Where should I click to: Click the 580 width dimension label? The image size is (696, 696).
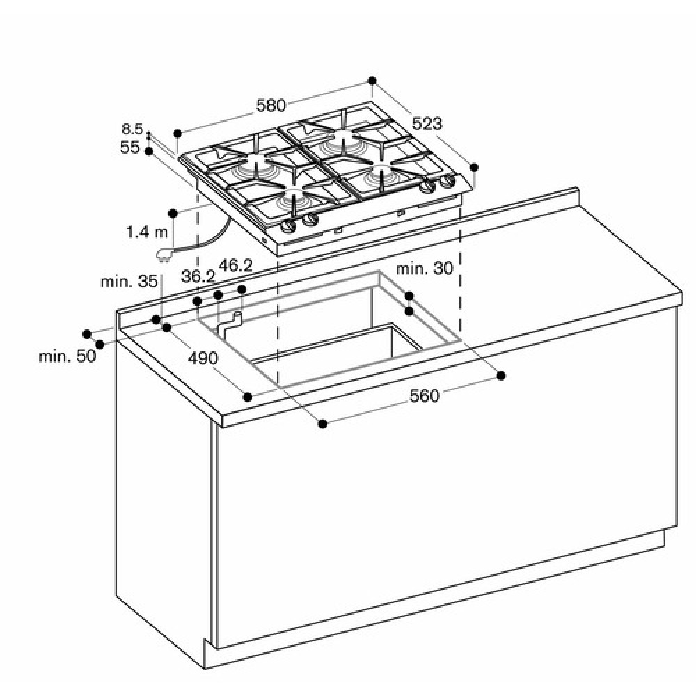click(x=271, y=105)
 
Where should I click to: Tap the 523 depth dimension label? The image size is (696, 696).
click(x=427, y=123)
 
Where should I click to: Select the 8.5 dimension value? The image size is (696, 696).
click(x=132, y=129)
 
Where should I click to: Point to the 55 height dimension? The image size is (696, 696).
click(x=129, y=147)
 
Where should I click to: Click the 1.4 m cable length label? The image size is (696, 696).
click(x=147, y=231)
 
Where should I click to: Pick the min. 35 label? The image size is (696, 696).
click(x=129, y=281)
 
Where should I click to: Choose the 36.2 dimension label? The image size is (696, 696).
click(x=198, y=276)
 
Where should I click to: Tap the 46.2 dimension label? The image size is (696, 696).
click(x=235, y=265)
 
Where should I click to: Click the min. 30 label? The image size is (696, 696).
click(x=425, y=268)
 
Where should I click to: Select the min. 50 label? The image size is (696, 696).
click(x=67, y=356)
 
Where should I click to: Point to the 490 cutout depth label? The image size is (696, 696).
click(x=203, y=358)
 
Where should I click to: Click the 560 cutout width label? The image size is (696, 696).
click(x=425, y=395)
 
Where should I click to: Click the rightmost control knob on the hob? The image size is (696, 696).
click(x=448, y=181)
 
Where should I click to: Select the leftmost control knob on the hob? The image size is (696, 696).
click(x=289, y=226)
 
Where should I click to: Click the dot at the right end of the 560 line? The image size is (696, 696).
click(x=501, y=376)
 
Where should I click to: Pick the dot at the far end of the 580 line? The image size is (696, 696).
click(x=372, y=80)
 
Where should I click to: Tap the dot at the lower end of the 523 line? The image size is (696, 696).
click(x=474, y=167)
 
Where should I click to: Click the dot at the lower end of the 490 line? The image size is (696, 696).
click(x=248, y=397)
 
